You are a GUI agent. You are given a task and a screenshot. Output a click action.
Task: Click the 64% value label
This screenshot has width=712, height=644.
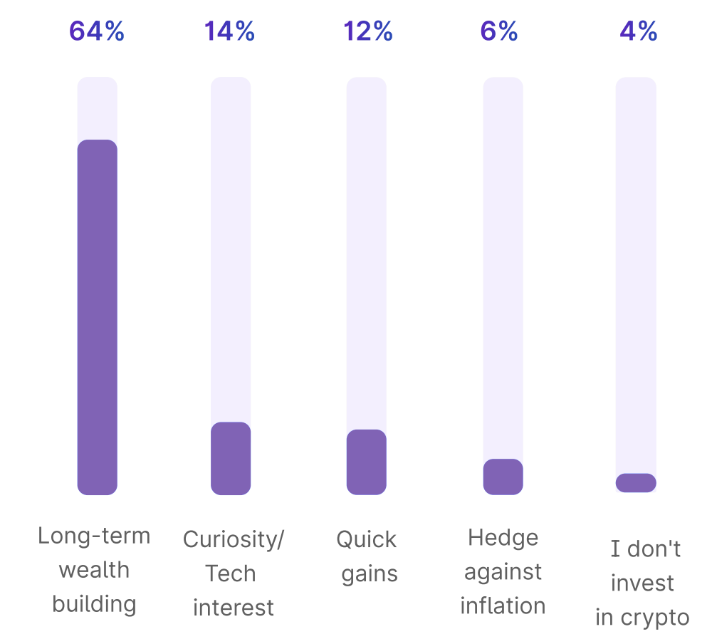(x=97, y=31)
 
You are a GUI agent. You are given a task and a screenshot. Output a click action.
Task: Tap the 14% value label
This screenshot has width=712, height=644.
(x=230, y=31)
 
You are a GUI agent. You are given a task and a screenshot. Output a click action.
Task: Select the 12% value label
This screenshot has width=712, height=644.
(x=368, y=31)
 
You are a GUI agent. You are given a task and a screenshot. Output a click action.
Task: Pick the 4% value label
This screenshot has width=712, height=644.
(x=638, y=31)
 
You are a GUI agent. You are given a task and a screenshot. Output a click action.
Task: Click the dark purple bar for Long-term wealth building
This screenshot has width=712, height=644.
(x=97, y=317)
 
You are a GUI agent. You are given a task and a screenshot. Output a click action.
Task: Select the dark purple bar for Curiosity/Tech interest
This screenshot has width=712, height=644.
(x=231, y=458)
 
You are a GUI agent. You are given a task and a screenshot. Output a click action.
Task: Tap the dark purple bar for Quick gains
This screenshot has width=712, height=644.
(x=367, y=462)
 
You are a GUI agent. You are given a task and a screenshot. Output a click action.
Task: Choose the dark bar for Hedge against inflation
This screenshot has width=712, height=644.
(x=503, y=477)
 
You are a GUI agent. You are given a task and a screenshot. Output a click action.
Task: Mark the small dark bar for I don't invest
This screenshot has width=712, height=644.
(x=636, y=482)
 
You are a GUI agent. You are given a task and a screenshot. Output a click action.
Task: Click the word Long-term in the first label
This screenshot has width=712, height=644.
(x=94, y=536)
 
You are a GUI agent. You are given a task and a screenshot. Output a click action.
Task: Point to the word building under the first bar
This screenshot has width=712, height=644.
(x=94, y=604)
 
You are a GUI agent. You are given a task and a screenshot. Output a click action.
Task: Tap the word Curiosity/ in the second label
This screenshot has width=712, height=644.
(x=234, y=539)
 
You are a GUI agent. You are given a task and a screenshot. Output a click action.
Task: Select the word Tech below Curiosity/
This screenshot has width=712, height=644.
(x=230, y=573)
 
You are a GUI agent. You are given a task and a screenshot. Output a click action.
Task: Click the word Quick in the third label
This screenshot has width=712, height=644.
(x=367, y=539)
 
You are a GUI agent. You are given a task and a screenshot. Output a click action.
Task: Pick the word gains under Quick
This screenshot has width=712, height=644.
(x=370, y=574)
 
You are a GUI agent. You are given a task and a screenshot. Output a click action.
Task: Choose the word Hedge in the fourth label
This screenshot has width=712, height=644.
(x=503, y=537)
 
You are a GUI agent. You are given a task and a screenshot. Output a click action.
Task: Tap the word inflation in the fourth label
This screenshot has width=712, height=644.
(x=503, y=606)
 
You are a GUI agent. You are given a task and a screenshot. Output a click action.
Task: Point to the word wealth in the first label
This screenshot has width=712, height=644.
(x=94, y=570)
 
